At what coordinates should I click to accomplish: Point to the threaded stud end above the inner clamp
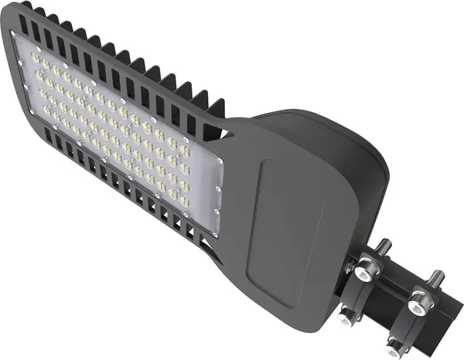pos(384,248)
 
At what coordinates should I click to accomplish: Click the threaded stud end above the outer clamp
pos(438,276)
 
